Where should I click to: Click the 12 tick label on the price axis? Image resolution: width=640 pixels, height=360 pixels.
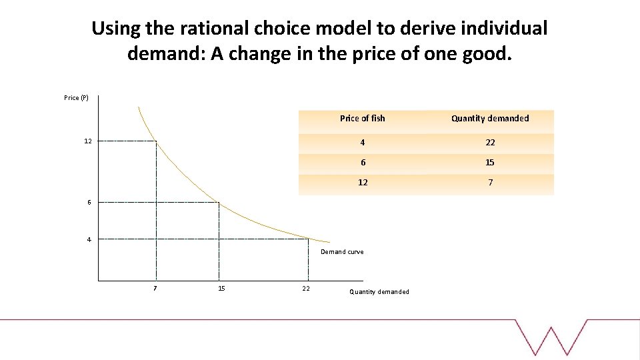[87, 141]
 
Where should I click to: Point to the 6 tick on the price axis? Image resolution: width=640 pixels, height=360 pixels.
[89, 202]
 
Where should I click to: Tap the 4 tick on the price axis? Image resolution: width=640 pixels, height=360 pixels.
[89, 239]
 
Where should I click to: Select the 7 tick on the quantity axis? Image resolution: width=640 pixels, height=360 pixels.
[155, 288]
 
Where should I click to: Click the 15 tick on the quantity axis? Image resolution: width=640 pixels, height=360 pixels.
[221, 288]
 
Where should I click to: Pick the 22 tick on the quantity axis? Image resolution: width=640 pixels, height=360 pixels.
[306, 288]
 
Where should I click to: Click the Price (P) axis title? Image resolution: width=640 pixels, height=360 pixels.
[76, 98]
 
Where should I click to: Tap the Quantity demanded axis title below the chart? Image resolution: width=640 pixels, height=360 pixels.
[379, 292]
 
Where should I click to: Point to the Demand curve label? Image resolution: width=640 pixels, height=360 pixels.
[342, 252]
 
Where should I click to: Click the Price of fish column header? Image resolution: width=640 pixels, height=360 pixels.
[363, 119]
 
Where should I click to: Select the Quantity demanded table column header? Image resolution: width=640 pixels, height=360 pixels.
[490, 119]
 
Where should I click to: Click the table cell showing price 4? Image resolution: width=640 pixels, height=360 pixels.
[363, 143]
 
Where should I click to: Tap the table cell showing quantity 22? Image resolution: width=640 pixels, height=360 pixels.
[490, 143]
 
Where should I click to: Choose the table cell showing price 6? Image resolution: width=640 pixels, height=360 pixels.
[363, 163]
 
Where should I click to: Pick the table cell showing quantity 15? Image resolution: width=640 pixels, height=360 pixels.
[490, 163]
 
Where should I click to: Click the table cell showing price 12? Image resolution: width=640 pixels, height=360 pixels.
[363, 183]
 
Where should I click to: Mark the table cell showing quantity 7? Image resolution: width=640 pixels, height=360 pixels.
[490, 183]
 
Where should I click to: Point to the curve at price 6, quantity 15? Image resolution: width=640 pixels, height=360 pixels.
[219, 203]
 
